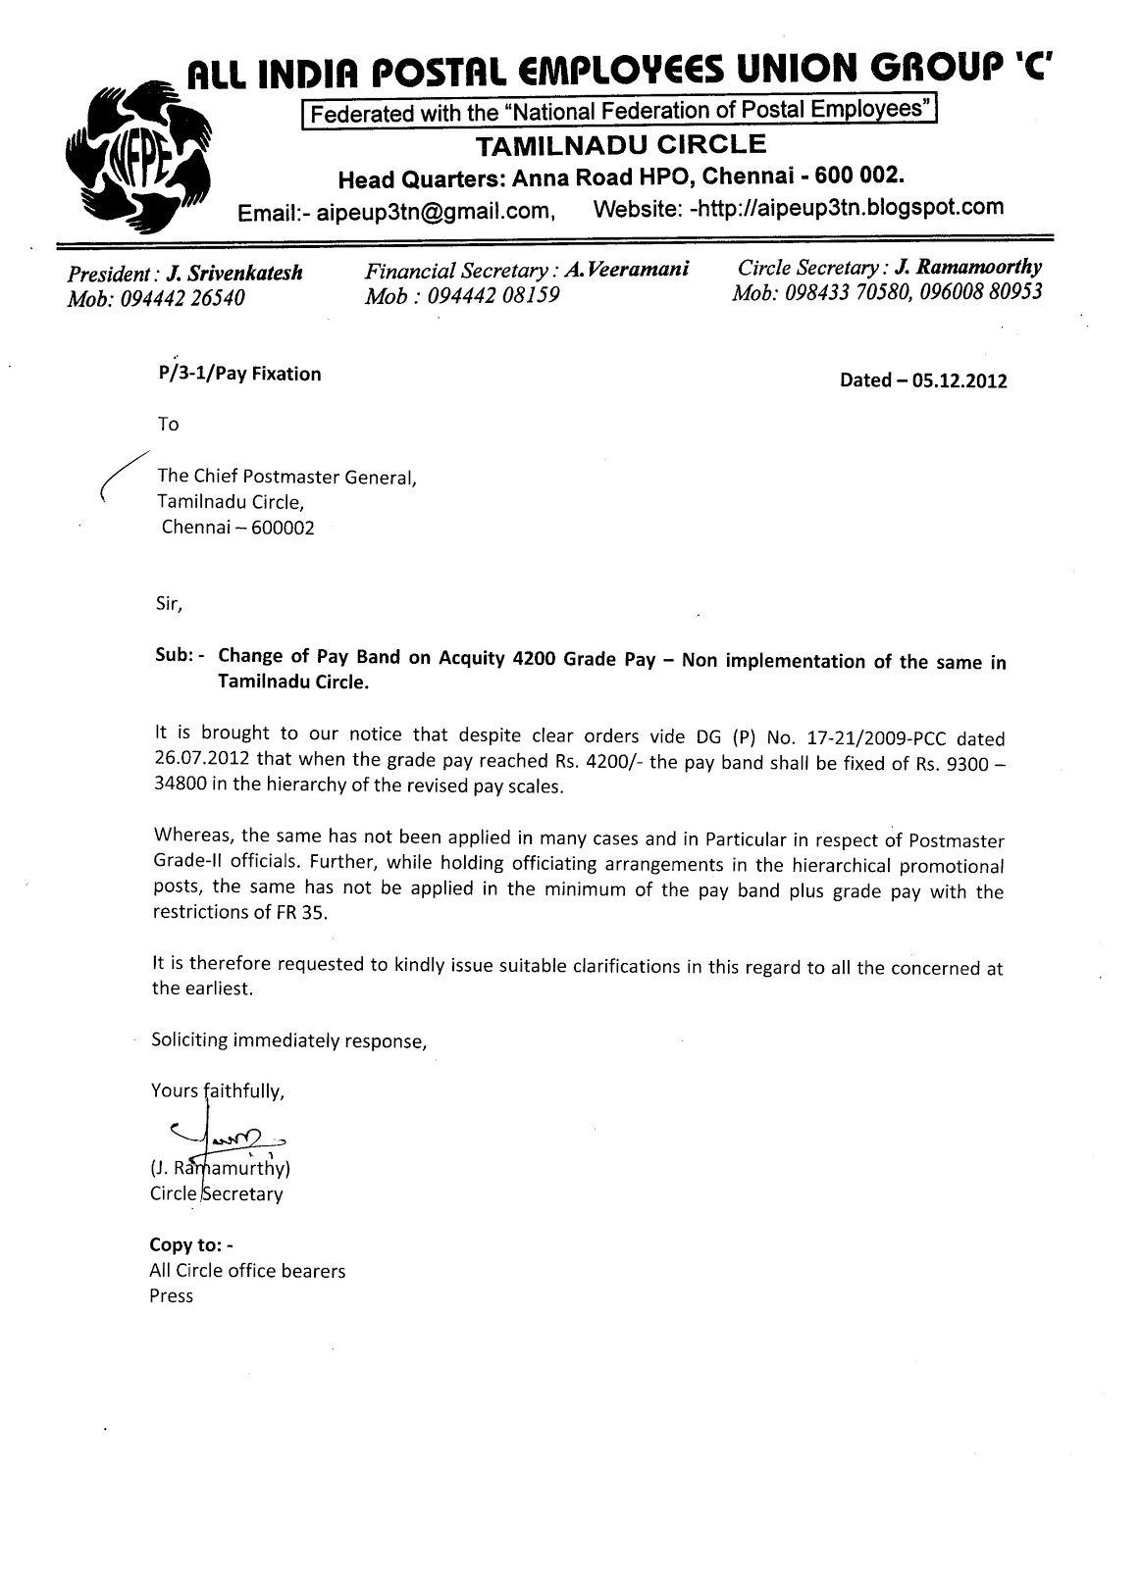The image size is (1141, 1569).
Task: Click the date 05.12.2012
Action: click(958, 381)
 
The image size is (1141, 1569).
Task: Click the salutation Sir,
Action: click(169, 604)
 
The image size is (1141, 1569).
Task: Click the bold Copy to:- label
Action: click(191, 1245)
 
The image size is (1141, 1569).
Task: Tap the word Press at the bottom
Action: click(172, 1296)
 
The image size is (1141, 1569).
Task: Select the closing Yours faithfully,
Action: click(217, 1090)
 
